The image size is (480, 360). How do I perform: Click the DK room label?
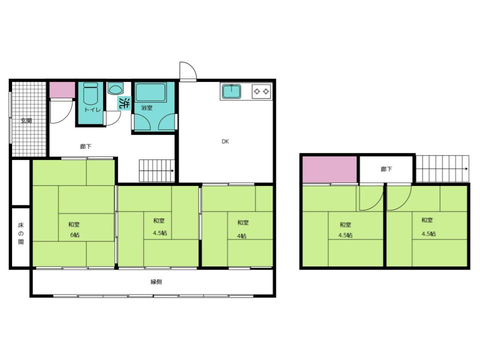(x=225, y=141)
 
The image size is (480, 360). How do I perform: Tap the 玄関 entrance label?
(x=26, y=120)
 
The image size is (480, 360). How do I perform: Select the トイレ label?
(x=92, y=109)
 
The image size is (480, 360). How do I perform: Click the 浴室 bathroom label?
(x=146, y=108)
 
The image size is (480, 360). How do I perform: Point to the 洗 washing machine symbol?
(x=124, y=103)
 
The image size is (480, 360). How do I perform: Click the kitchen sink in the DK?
(x=231, y=91)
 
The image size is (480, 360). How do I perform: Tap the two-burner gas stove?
(x=261, y=91)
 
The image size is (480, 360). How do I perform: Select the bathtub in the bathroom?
(x=150, y=92)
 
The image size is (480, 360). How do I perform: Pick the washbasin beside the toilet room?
(x=115, y=89)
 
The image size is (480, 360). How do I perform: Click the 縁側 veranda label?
(x=156, y=282)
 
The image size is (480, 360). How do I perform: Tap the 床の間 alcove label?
(x=21, y=233)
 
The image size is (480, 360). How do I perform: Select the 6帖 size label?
(x=74, y=235)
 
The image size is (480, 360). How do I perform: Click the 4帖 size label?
(x=241, y=236)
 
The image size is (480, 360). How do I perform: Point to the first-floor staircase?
(x=156, y=170)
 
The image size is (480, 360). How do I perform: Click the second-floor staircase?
(x=442, y=168)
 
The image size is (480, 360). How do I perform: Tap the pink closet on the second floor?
(x=329, y=169)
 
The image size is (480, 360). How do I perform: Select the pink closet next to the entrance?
(x=62, y=90)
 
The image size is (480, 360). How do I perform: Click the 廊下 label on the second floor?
(x=386, y=169)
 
